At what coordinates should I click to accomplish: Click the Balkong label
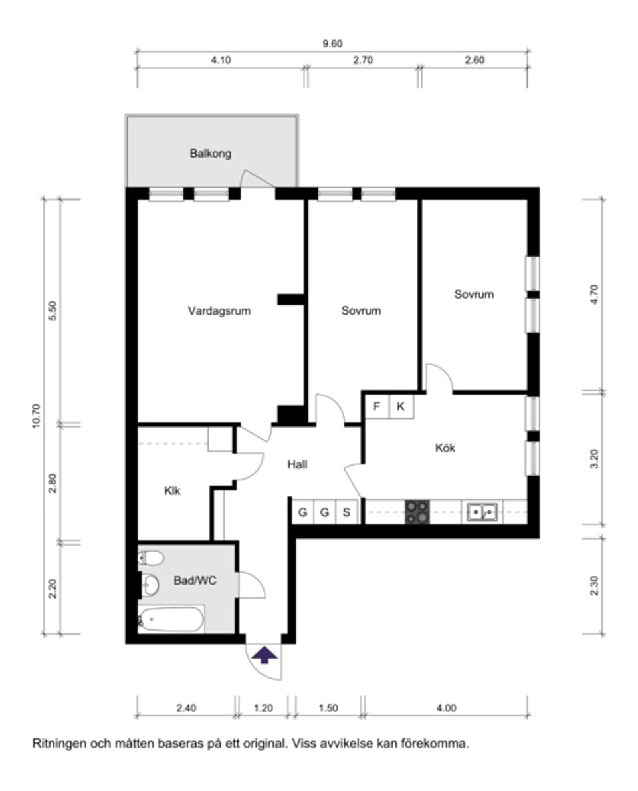pos(210,154)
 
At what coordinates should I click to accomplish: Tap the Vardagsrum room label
pos(219,311)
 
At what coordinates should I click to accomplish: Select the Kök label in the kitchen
pos(445,448)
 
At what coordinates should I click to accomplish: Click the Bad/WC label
pos(195,580)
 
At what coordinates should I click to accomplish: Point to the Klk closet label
pos(172,491)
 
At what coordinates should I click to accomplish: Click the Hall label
pos(297,465)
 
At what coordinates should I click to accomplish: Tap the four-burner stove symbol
pos(417,512)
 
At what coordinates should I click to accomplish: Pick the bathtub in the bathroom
pos(171,619)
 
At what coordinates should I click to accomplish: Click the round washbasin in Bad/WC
pos(152,585)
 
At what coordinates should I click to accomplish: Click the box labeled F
pos(377,406)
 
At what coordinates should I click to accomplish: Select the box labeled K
pos(401,406)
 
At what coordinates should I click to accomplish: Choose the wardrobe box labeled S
pos(346,512)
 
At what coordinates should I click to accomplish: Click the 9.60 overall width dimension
pos(332,44)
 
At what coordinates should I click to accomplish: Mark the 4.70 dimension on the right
pos(595,294)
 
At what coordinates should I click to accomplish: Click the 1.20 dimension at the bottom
pos(264,708)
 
